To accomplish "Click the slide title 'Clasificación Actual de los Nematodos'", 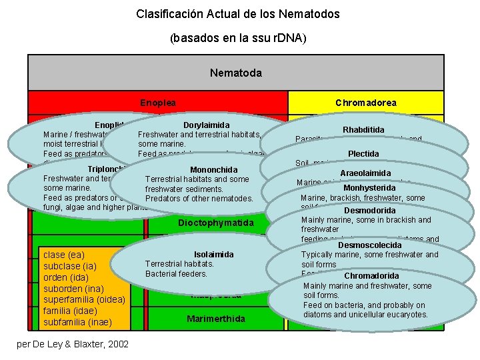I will [238, 13].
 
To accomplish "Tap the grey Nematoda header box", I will [235, 72].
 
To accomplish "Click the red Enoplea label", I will [158, 103].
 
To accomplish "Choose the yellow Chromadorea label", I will [365, 103].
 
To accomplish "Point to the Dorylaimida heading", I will [206, 125].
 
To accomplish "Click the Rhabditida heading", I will [363, 129].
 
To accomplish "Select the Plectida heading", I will [363, 154].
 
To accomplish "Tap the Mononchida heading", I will [213, 169].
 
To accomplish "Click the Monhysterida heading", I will [369, 188].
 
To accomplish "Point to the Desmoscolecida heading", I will [369, 245].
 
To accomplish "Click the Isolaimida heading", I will [213, 255].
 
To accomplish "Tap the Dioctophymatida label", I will [215, 222].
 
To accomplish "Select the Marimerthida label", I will [215, 319].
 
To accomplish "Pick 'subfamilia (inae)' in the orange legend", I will [77, 322].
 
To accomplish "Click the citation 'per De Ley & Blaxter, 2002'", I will [71, 343].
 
